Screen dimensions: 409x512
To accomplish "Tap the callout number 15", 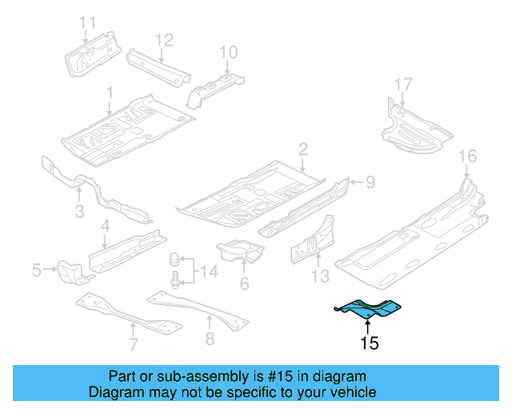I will [369, 344].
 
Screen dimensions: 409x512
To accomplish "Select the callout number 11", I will [87, 22].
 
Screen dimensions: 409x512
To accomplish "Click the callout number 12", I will [163, 39].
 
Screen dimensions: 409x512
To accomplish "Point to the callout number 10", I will [228, 53].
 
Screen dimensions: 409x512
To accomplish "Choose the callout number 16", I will [467, 156].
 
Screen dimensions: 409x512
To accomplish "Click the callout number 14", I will [208, 272].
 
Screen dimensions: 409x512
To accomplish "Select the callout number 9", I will [369, 183].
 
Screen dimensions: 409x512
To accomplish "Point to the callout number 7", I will [134, 343].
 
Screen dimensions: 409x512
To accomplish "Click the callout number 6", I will [244, 284].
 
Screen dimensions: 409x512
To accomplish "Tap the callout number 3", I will [79, 211].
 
